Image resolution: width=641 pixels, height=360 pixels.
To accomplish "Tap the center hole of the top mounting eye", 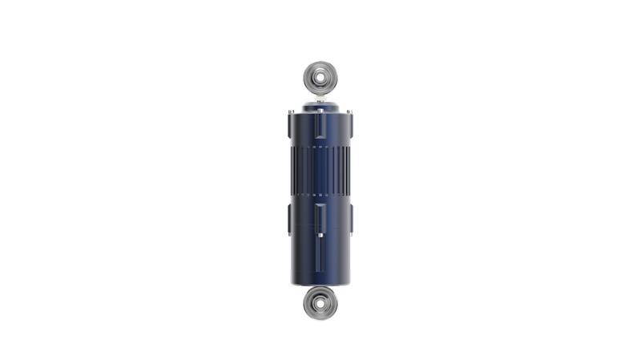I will coord(320,79).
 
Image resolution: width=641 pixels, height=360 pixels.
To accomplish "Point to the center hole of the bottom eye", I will coord(319,303).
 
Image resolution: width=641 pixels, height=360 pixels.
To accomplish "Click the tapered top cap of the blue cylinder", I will coord(320,111).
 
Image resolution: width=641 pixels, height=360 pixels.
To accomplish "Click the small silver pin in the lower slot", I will coord(320,235).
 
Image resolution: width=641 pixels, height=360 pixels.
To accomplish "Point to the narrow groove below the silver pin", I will coord(320,257).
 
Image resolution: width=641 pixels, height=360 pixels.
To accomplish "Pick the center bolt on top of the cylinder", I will coord(320,104).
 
